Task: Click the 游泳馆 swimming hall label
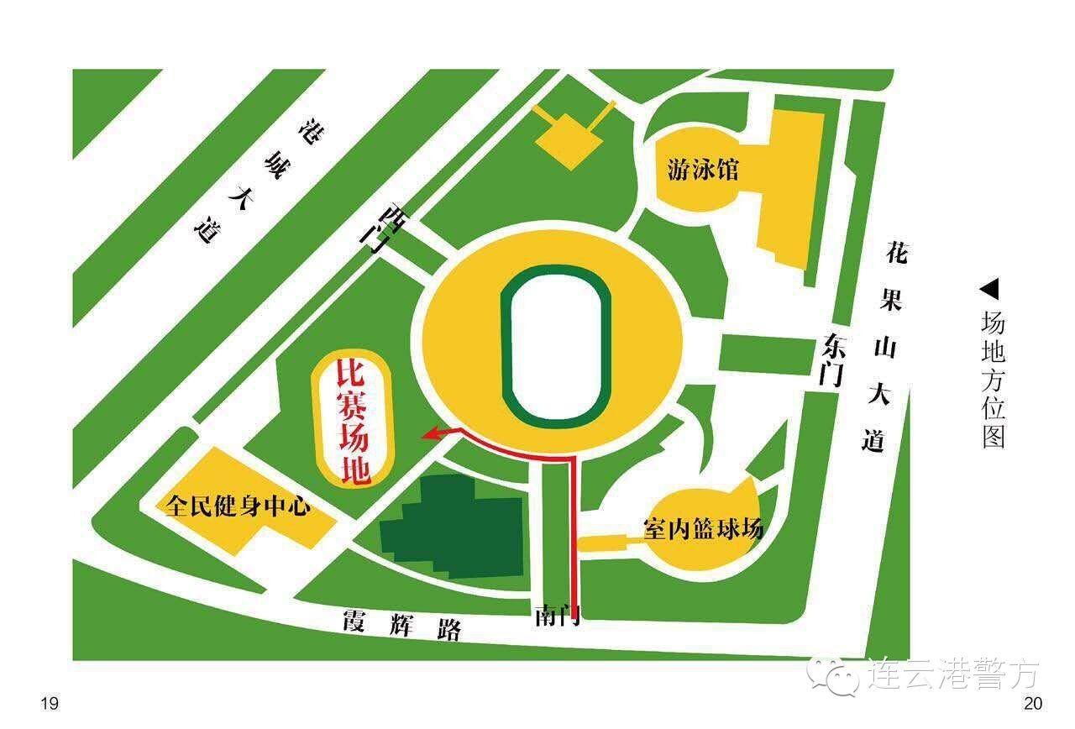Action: (x=703, y=170)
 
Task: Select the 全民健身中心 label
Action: (x=239, y=507)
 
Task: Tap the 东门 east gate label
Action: (x=831, y=359)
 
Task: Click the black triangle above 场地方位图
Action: (x=990, y=290)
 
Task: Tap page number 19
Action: (x=50, y=704)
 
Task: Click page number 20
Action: (x=1032, y=704)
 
